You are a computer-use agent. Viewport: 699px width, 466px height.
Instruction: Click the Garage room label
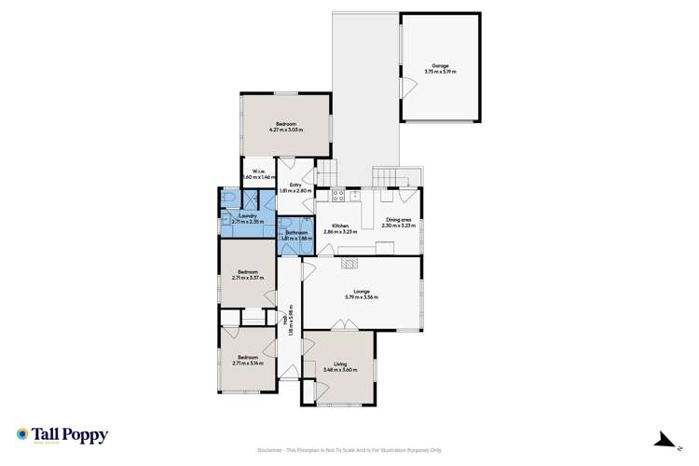coord(441,68)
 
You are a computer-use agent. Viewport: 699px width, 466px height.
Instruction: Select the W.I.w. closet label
coord(255,173)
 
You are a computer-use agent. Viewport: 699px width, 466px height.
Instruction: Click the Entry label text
coord(295,188)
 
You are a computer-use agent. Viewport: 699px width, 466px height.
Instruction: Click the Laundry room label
coord(247,219)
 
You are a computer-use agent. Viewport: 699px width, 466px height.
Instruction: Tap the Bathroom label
coord(295,236)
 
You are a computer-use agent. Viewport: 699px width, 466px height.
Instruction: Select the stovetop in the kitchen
coord(338,196)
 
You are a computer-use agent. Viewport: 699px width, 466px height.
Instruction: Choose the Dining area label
coord(399,223)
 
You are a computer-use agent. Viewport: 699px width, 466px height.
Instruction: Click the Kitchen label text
coord(336,228)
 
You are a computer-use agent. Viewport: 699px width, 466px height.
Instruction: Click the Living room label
coord(340,368)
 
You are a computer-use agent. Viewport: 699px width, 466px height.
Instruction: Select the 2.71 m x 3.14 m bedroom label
coord(247,360)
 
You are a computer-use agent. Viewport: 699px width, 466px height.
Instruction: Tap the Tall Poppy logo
coord(62,435)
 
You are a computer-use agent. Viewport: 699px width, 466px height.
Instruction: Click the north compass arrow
coord(665,439)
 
